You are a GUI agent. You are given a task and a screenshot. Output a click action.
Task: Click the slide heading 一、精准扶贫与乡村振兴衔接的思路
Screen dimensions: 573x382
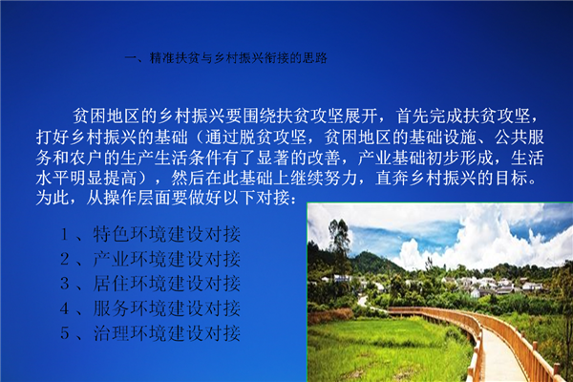click(x=225, y=57)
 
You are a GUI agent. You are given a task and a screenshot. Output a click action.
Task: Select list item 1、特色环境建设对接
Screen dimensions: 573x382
click(x=150, y=234)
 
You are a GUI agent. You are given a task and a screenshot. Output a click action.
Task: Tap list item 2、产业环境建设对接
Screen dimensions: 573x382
click(x=150, y=259)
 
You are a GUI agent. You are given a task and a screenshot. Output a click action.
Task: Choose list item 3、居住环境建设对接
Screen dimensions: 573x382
click(x=150, y=284)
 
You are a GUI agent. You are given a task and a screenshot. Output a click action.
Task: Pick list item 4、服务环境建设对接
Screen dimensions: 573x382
click(x=150, y=308)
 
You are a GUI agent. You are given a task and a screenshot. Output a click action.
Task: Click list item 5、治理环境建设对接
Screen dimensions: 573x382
click(x=150, y=333)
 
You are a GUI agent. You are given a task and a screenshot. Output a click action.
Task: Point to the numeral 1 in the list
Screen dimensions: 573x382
click(x=65, y=235)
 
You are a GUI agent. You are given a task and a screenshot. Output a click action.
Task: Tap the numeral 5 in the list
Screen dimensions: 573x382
click(x=65, y=333)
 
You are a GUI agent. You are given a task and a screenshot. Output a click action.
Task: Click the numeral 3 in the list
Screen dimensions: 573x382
click(x=65, y=284)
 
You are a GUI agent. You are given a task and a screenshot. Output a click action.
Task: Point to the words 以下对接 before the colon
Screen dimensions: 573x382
click(x=256, y=198)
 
